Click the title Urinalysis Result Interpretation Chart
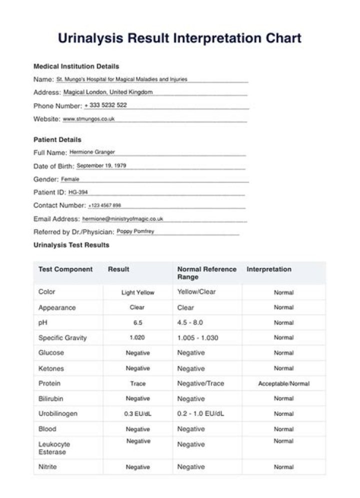tap(179, 38)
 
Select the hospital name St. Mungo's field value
tap(122, 79)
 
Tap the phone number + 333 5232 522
tap(105, 105)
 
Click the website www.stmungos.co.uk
tap(89, 119)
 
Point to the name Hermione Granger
tap(92, 152)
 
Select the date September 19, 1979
tap(101, 165)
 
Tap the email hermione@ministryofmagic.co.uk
tap(122, 218)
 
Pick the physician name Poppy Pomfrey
tap(135, 231)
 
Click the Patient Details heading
tap(57, 139)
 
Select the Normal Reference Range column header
tap(206, 273)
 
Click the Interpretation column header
tap(268, 269)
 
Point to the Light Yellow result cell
tap(137, 292)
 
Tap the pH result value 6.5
tap(137, 323)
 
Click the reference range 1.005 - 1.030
tap(197, 338)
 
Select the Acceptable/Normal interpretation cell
tap(283, 383)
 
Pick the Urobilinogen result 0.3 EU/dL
tap(137, 414)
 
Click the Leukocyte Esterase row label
tap(54, 448)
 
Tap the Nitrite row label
tap(47, 467)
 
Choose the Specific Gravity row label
tap(62, 338)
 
